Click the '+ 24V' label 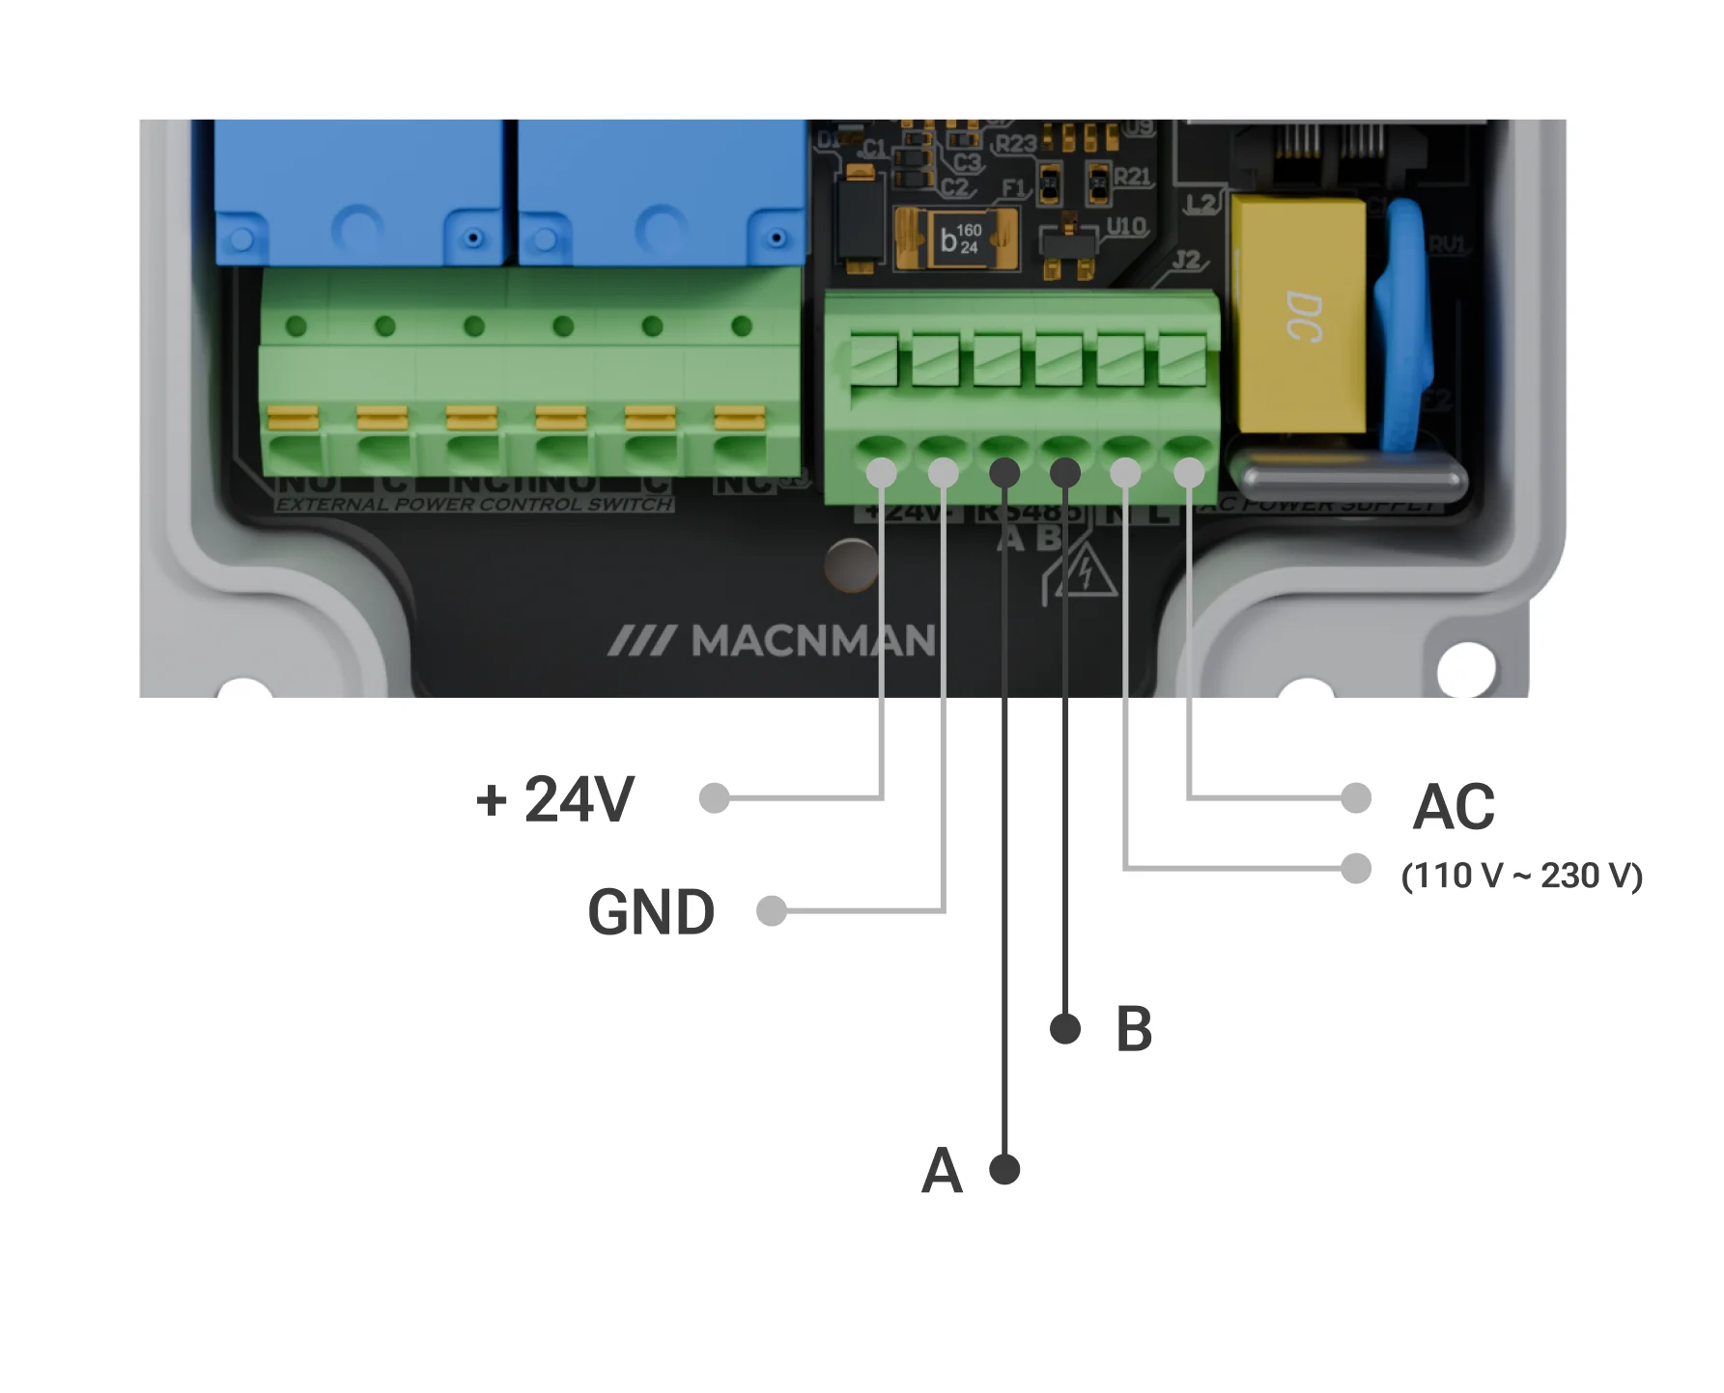point(554,799)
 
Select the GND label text point(650,912)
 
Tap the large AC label point(1453,807)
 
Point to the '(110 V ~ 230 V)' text point(1521,876)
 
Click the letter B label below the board point(1134,1029)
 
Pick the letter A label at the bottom point(942,1171)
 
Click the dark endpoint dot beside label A point(1005,1169)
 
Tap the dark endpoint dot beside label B point(1064,1028)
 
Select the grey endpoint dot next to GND point(771,910)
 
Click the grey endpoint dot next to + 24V point(714,798)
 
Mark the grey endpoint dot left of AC point(1356,797)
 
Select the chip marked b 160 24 point(956,239)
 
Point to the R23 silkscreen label point(1015,145)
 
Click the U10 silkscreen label point(1125,227)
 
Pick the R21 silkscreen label point(1131,177)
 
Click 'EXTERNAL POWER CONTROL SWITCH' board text point(474,504)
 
